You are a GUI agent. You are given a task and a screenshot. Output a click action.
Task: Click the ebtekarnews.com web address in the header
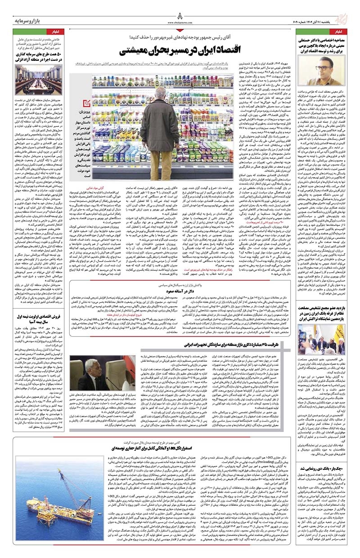[x=180, y=21]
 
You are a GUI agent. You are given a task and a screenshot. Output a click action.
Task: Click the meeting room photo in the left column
[x=32, y=80]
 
